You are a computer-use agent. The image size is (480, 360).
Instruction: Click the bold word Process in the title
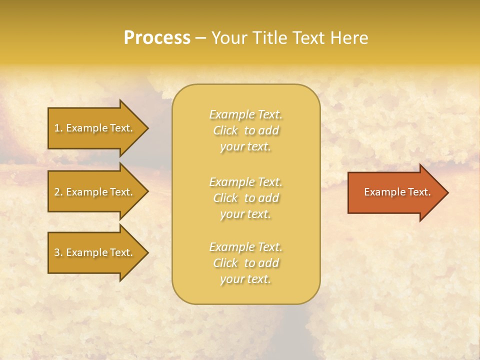pos(157,38)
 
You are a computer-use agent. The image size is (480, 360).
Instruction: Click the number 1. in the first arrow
pos(58,128)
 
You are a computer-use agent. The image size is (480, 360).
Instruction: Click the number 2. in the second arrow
pos(58,192)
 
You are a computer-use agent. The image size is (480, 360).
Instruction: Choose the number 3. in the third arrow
pos(58,252)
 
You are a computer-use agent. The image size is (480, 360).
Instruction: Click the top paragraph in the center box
pos(245,130)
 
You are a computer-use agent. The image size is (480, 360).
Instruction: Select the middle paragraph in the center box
pos(245,198)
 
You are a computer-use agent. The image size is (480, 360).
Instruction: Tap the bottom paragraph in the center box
pos(245,263)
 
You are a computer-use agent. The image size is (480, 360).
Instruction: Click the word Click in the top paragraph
pos(225,130)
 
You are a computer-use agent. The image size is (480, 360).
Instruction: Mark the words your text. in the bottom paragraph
pos(245,279)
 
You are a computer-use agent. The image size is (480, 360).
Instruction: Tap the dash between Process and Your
pos(200,38)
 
